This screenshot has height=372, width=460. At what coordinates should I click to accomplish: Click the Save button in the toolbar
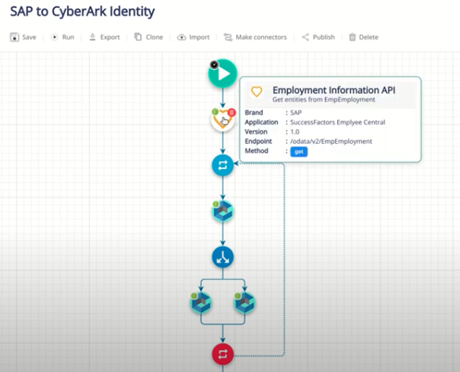click(x=23, y=37)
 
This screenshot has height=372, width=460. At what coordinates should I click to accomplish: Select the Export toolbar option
click(x=104, y=37)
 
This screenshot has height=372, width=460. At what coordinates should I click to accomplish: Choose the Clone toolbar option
click(x=149, y=37)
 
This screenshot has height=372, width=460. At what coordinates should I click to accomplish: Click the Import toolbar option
click(x=194, y=37)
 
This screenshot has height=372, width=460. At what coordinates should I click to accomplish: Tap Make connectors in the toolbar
click(x=255, y=37)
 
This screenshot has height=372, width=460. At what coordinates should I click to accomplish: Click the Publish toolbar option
click(x=318, y=37)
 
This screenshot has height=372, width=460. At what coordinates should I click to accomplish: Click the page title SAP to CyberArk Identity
click(x=82, y=12)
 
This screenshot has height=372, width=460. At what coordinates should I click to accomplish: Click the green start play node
click(x=222, y=73)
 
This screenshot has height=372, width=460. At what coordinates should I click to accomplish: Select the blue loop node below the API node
click(x=222, y=165)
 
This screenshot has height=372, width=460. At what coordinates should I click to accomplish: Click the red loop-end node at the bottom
click(x=222, y=354)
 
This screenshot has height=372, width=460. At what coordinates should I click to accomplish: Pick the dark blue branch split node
click(x=222, y=256)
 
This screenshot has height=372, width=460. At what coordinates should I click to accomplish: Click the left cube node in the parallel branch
click(x=201, y=304)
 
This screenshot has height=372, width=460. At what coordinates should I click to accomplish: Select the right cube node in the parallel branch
click(x=245, y=304)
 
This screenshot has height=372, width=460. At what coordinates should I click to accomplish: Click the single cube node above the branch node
click(x=222, y=212)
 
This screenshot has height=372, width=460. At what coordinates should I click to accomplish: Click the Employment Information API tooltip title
click(x=334, y=90)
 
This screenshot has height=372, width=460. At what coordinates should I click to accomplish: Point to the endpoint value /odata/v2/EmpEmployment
click(x=331, y=142)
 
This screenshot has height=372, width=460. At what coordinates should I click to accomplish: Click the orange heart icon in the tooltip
click(x=256, y=92)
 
